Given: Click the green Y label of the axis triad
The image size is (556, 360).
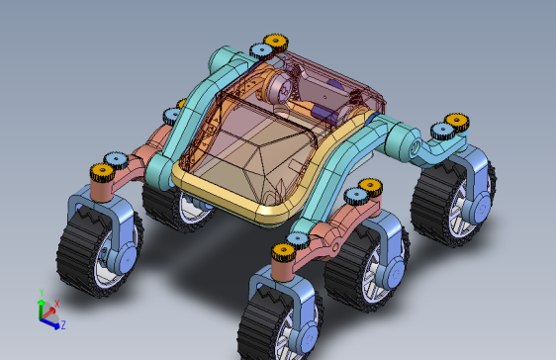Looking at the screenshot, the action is click(x=42, y=293).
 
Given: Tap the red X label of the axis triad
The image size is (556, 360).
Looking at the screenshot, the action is click(x=56, y=304).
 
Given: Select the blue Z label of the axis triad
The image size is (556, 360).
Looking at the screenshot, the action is click(x=63, y=325).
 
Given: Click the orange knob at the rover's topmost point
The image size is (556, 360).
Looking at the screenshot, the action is click(x=275, y=43).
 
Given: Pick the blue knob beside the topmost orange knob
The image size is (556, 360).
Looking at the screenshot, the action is click(x=262, y=51).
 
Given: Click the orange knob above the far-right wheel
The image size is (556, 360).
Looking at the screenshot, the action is click(x=457, y=122).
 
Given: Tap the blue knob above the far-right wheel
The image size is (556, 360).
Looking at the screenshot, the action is click(x=443, y=132).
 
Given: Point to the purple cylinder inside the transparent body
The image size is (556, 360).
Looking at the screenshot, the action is click(x=324, y=113).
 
